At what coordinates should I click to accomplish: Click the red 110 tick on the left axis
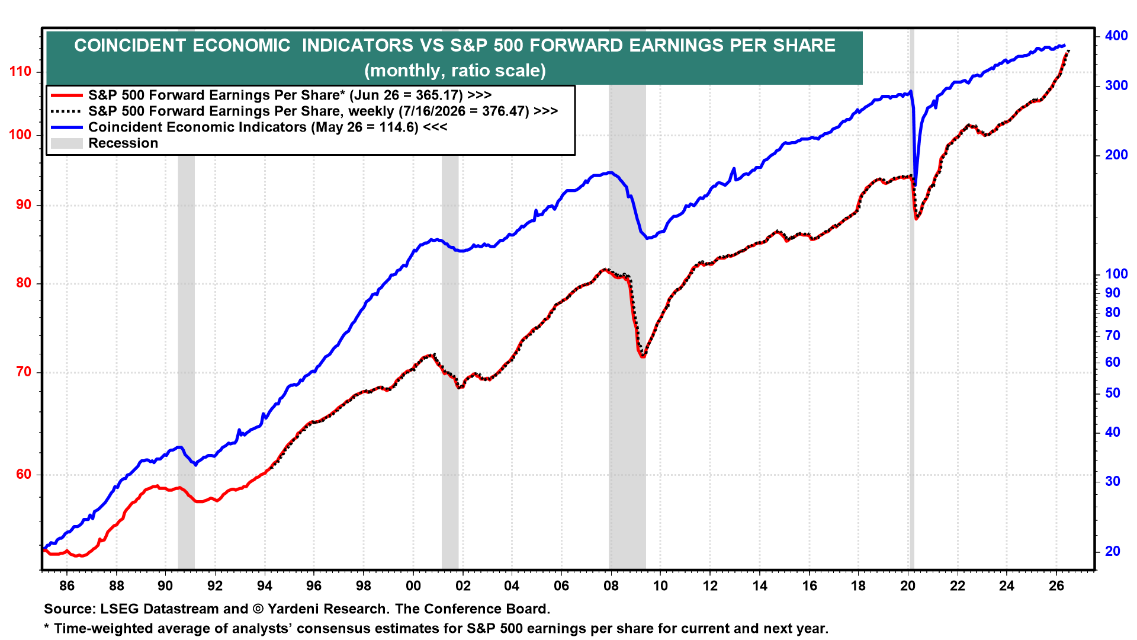click(20, 72)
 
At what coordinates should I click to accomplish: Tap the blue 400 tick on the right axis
click(1116, 36)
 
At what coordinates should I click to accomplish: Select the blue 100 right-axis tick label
click(1116, 274)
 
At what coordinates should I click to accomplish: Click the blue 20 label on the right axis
click(1113, 551)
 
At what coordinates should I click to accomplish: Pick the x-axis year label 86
click(67, 586)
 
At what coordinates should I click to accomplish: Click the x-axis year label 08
click(611, 586)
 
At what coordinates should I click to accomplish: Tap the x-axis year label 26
click(1056, 586)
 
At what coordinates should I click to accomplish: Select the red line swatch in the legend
click(66, 95)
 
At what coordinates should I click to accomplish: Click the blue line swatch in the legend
click(66, 127)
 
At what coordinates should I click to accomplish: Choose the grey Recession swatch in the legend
click(66, 143)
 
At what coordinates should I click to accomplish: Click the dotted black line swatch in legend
click(66, 111)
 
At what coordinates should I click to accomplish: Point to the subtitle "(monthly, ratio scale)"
click(455, 71)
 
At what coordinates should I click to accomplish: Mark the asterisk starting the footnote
click(47, 626)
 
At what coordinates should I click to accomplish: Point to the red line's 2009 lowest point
click(643, 356)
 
